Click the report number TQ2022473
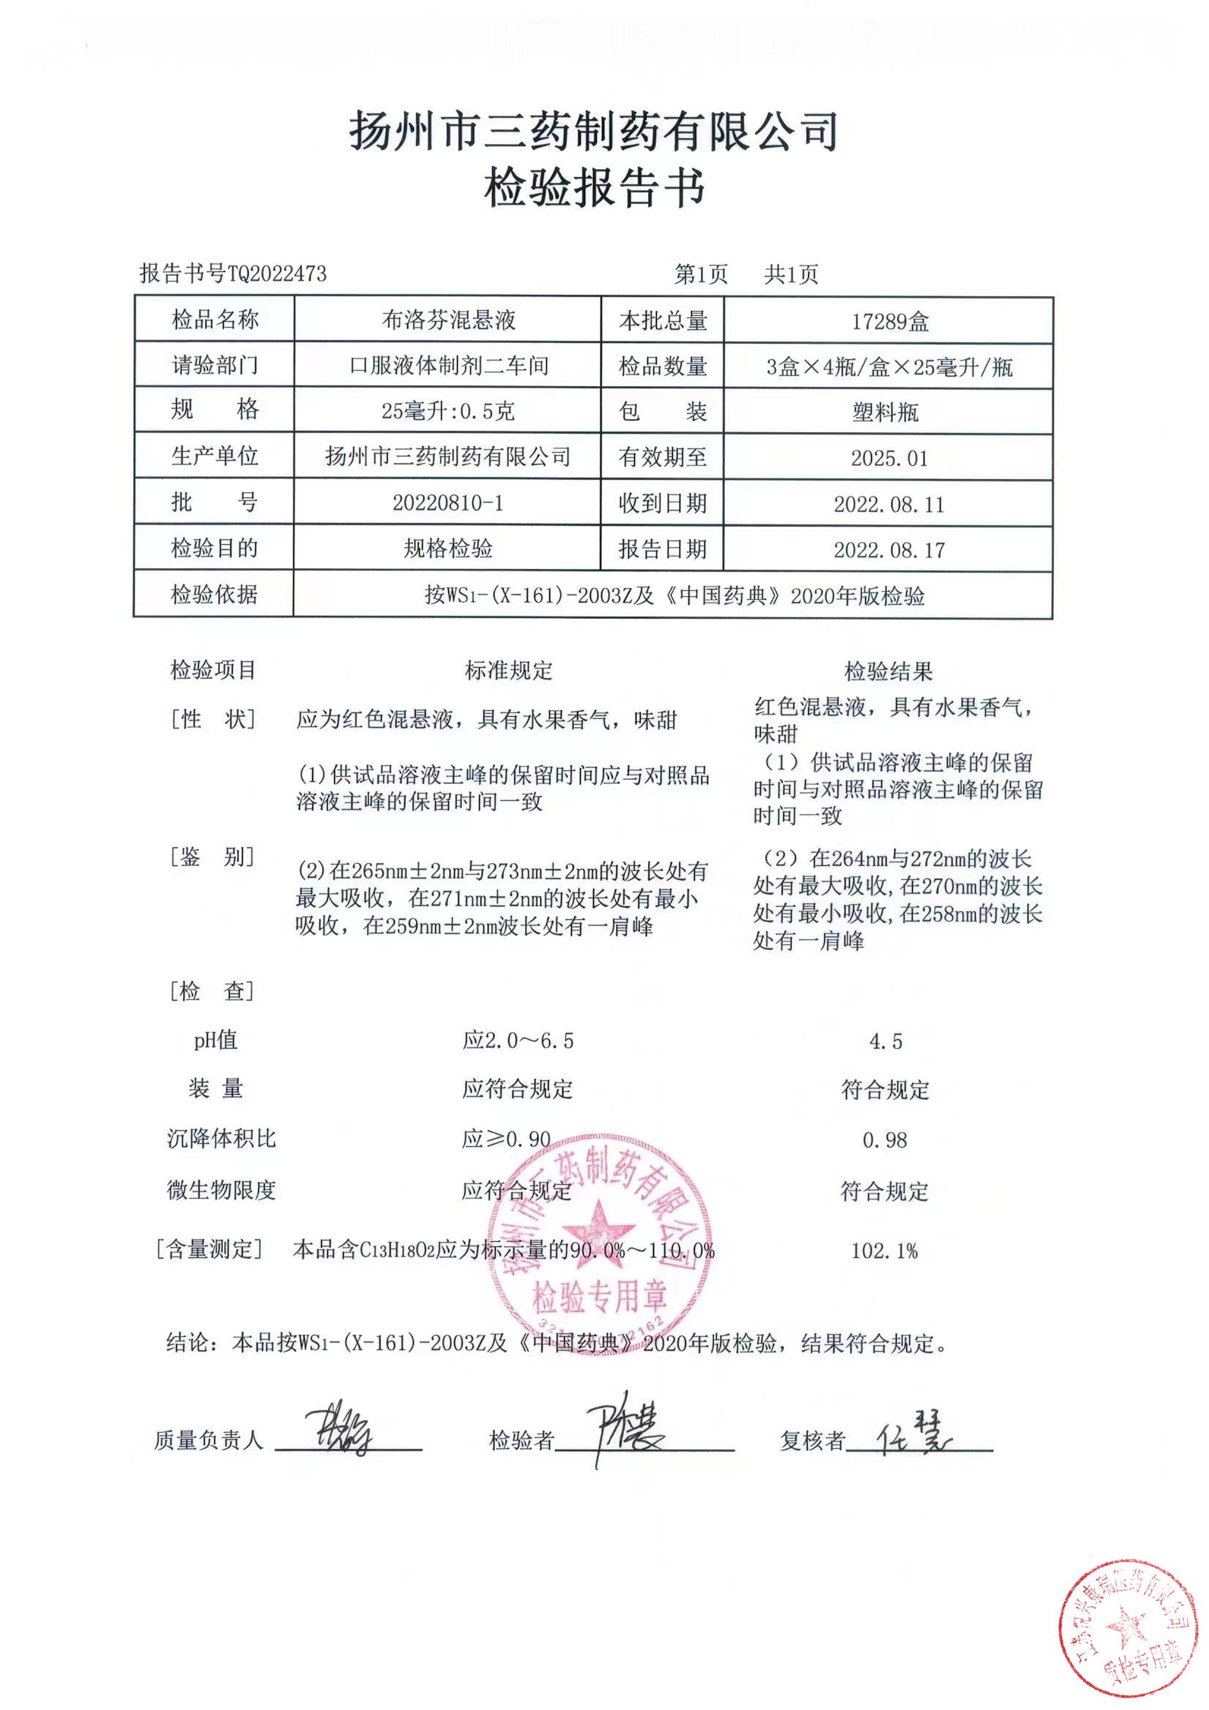coord(276,274)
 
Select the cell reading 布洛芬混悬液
coord(448,320)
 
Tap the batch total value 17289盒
coord(889,322)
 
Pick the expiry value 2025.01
coord(889,458)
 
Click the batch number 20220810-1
coord(448,502)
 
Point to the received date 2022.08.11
coord(889,504)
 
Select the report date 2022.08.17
coord(889,550)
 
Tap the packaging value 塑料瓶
coord(886,412)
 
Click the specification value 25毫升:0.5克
coord(448,410)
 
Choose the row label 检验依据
coord(214,594)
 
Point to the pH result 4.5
coord(886,1041)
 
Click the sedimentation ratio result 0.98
coord(885,1140)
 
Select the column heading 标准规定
coord(509,670)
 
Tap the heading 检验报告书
coord(595,188)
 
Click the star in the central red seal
coord(598,1228)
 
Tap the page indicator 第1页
coord(700,274)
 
